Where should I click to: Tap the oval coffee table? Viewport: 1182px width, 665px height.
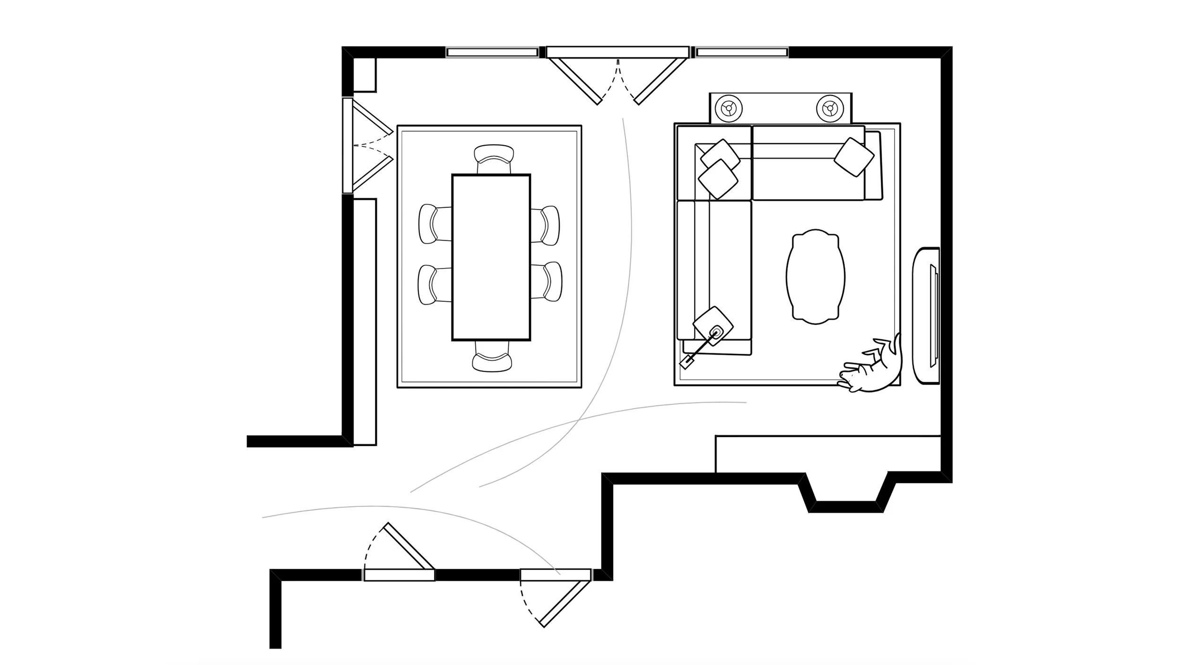(x=816, y=277)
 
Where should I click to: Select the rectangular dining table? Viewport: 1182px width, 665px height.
(x=491, y=257)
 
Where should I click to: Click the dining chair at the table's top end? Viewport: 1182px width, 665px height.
(x=494, y=159)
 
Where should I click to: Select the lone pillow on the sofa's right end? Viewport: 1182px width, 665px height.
(x=854, y=157)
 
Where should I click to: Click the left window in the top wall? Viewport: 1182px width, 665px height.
(x=492, y=52)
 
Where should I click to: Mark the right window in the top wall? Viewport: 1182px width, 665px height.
(x=741, y=52)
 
